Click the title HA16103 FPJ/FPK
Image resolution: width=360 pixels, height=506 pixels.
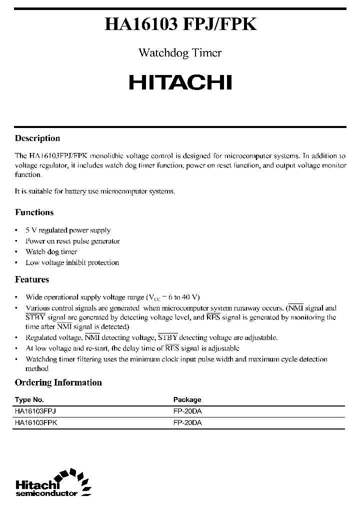(x=180, y=25)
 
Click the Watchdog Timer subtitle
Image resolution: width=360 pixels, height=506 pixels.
(x=179, y=53)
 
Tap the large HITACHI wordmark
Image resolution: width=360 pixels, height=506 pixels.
(x=180, y=82)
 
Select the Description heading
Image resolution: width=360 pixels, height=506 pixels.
(x=37, y=138)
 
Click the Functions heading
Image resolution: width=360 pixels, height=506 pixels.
(x=34, y=212)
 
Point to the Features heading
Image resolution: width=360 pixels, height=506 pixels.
(x=32, y=279)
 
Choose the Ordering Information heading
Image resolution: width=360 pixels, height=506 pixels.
(x=58, y=382)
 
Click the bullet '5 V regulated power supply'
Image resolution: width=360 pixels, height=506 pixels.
(x=68, y=230)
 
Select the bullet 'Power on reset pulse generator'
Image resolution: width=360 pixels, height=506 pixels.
(x=72, y=241)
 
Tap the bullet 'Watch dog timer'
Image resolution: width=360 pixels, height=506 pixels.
(x=51, y=252)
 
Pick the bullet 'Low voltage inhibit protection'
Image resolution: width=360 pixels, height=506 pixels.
(x=72, y=262)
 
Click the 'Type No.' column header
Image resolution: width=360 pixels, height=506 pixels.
(x=29, y=399)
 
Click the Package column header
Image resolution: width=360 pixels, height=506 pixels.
(x=187, y=399)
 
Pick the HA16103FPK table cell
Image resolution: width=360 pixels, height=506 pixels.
(x=36, y=422)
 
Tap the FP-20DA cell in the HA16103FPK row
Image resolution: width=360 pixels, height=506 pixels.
(x=187, y=422)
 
